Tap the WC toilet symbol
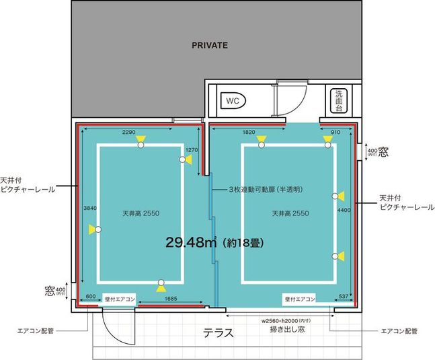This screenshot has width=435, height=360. (233, 100)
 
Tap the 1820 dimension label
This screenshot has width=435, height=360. (248, 133)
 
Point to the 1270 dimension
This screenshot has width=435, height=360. (192, 149)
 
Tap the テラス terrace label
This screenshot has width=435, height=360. (219, 332)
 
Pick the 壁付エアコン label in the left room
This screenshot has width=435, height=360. (120, 298)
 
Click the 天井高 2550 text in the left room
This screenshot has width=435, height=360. (141, 213)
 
